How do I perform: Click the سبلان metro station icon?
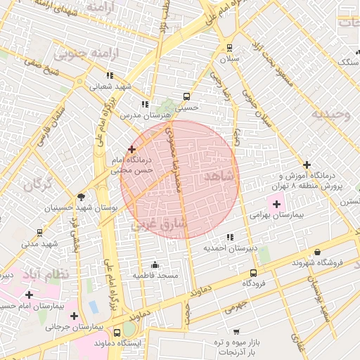[x=229, y=48]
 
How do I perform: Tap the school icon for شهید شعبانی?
[x=109, y=75]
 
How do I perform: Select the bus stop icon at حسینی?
[x=186, y=97]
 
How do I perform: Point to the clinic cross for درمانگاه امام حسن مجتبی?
[x=132, y=149]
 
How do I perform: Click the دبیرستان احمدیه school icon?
[x=229, y=238]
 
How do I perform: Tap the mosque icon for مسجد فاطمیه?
[x=155, y=265]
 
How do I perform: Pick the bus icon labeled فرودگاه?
[x=253, y=272]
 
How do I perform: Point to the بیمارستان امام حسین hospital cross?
[x=29, y=295]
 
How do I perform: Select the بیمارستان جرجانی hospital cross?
[x=94, y=316]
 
